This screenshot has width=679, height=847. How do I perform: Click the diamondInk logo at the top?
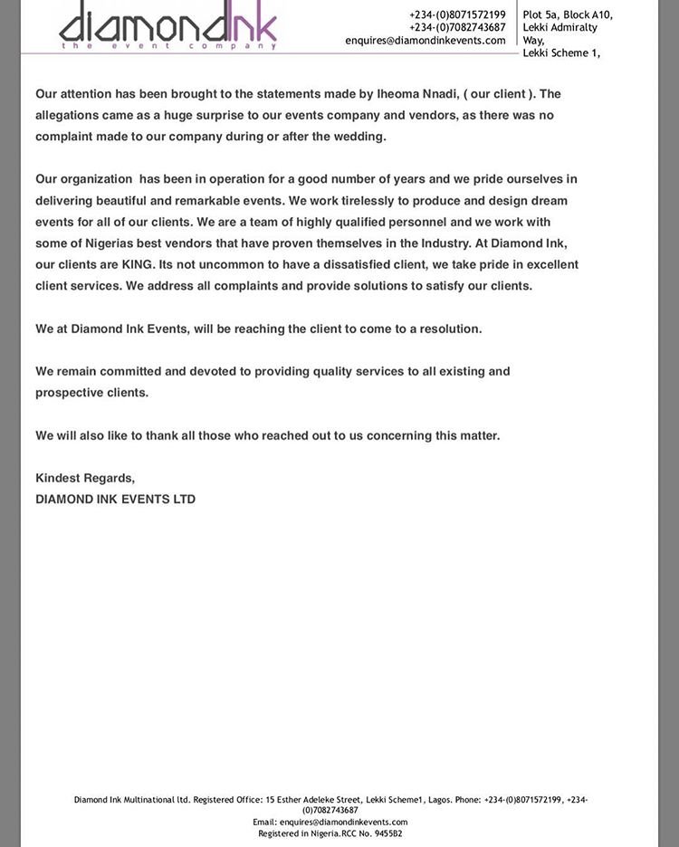(x=168, y=25)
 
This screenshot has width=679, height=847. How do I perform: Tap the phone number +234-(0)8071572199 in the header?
(x=457, y=14)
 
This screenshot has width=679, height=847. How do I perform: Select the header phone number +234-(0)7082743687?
(x=457, y=27)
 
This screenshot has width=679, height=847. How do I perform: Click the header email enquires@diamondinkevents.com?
(x=425, y=41)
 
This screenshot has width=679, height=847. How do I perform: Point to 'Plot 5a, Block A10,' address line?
(x=568, y=14)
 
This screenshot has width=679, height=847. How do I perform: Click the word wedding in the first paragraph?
(x=360, y=137)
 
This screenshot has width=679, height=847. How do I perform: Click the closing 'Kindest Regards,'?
(x=85, y=478)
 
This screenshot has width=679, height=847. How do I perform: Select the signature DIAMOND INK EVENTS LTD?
(x=115, y=500)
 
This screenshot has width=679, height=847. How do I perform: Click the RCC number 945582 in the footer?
(x=388, y=833)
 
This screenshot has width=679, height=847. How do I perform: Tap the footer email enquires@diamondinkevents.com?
(x=343, y=823)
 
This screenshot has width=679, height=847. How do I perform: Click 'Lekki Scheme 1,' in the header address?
(x=561, y=53)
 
